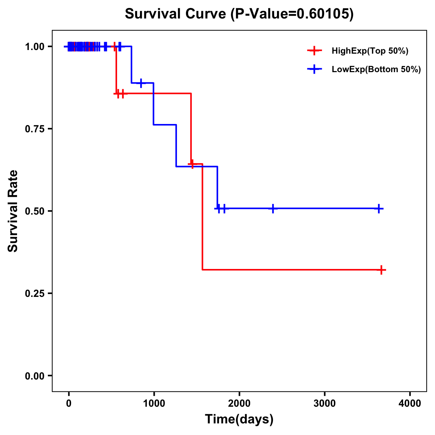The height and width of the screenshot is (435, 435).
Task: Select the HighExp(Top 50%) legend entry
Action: [x=370, y=51]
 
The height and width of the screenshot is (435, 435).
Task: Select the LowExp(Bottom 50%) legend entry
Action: [x=376, y=70]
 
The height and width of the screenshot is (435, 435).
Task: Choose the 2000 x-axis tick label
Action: [x=239, y=403]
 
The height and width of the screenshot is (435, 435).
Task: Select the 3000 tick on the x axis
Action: [x=324, y=403]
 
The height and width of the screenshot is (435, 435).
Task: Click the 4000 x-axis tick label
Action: [x=410, y=403]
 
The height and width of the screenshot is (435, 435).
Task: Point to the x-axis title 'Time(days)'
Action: [x=239, y=419]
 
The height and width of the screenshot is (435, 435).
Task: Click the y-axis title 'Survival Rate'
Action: [x=13, y=211]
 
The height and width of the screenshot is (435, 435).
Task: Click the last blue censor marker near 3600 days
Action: [x=378, y=209]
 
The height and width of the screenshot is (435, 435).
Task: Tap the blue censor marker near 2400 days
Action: [x=273, y=208]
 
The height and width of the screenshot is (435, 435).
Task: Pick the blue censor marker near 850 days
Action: [x=141, y=83]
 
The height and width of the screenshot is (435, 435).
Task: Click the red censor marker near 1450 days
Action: [x=192, y=164]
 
